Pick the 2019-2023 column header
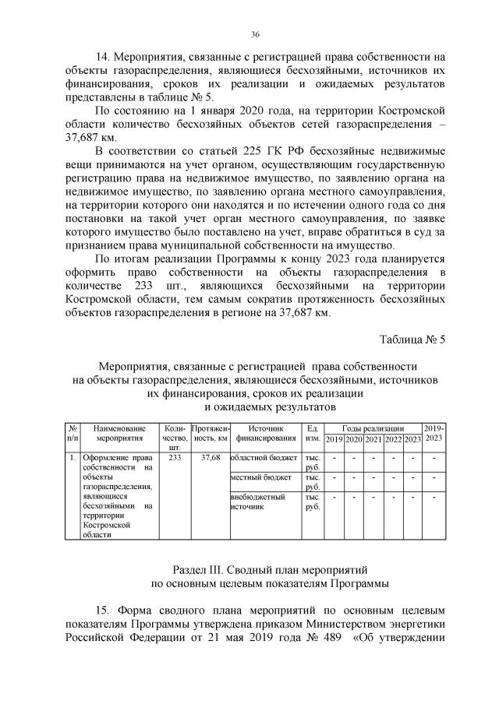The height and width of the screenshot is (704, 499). pyautogui.click(x=434, y=434)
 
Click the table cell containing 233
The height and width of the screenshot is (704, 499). pyautogui.click(x=175, y=457)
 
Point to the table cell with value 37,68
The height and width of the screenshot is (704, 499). pyautogui.click(x=210, y=457)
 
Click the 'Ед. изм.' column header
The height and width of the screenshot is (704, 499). pyautogui.click(x=313, y=434)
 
